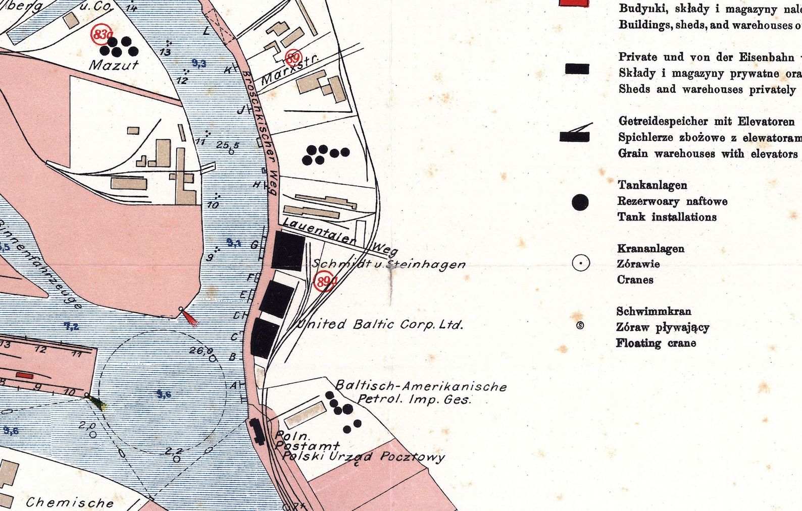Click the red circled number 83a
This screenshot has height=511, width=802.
point(101,34)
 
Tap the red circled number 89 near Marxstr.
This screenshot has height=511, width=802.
point(293,58)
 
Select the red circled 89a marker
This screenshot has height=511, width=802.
point(324,281)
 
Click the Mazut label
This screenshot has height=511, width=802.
point(114,65)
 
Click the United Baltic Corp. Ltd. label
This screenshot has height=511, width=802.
point(380,324)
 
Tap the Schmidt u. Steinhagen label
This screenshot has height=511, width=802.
point(389,264)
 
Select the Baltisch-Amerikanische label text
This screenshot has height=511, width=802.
point(421,386)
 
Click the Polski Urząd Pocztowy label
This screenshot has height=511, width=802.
point(363,457)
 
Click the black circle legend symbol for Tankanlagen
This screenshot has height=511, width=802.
point(580,202)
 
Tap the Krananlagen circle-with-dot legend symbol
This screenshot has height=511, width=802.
point(581,263)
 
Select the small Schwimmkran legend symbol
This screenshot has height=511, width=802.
point(580,326)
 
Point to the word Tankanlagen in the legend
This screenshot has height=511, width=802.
point(652,185)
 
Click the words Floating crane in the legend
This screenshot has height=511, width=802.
point(656,343)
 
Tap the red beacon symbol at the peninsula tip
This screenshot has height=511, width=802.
point(190,318)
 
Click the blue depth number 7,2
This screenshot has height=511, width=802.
point(71,326)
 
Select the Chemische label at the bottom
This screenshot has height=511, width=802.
point(70,502)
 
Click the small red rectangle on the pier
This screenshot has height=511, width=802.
point(24,376)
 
